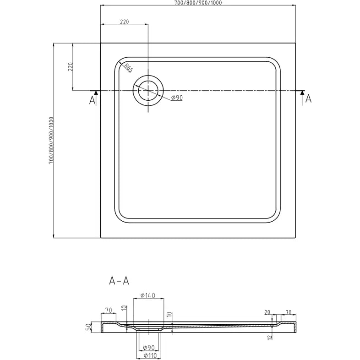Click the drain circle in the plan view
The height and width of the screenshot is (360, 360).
[147, 90]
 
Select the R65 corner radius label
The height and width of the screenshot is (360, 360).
[128, 68]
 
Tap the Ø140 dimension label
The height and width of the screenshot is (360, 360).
[148, 295]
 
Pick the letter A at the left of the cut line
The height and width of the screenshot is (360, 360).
[92, 100]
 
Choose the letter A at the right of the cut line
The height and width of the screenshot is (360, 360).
[308, 98]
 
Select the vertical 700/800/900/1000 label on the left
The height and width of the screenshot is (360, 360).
[51, 141]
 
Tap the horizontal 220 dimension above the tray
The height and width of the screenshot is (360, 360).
[124, 22]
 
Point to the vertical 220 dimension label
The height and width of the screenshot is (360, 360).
[70, 67]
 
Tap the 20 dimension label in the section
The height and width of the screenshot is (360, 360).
[267, 313]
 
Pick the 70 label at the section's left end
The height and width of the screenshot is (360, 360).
[109, 311]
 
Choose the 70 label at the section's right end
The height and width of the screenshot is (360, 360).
[289, 313]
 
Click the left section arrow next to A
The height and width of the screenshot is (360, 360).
[95, 93]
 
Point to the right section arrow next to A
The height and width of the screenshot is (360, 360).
[302, 93]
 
